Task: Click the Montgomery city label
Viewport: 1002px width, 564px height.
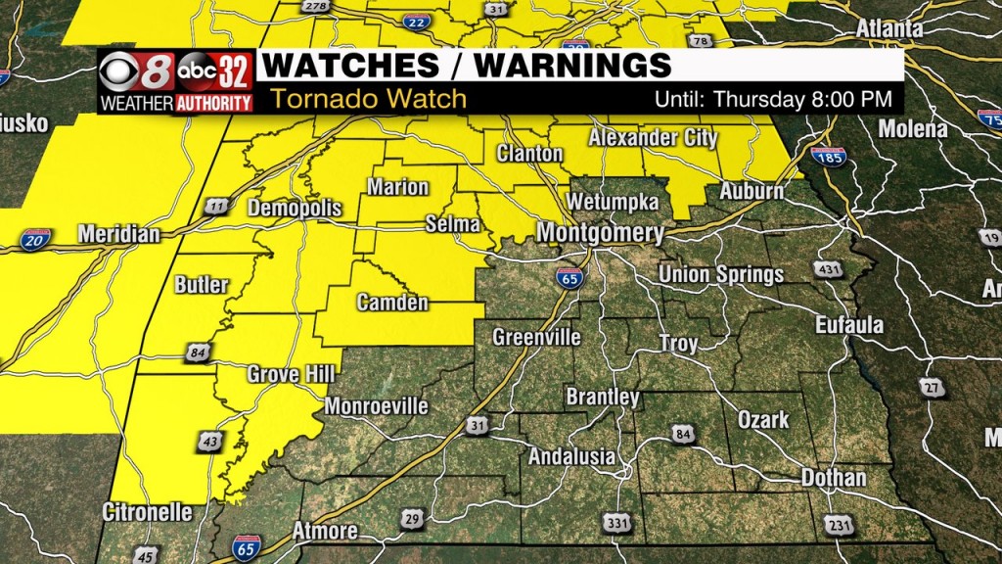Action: (x=600, y=234)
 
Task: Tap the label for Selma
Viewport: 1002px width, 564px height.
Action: (x=452, y=224)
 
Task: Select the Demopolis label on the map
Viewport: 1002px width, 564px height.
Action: (x=295, y=209)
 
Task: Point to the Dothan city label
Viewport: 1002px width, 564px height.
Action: (x=833, y=478)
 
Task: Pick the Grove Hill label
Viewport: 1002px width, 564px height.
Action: (x=291, y=374)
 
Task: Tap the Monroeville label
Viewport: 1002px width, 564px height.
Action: (x=376, y=405)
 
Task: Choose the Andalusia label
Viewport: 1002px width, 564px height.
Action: (x=571, y=456)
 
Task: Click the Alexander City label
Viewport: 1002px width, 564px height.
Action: (x=653, y=138)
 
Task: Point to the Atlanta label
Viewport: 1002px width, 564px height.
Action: (x=888, y=29)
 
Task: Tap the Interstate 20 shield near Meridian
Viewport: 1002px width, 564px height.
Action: (x=35, y=237)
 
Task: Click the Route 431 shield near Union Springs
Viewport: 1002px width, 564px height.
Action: (x=827, y=268)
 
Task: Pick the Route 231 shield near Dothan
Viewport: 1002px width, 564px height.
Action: (x=838, y=525)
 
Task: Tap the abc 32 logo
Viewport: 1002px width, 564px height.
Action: (x=214, y=71)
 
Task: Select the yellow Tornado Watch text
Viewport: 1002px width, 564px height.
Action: (x=369, y=99)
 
